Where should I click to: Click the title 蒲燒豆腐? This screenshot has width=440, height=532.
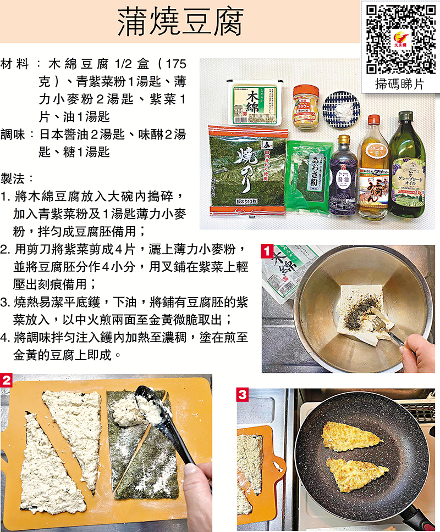click(180, 23)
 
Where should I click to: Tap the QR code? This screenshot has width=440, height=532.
click(401, 40)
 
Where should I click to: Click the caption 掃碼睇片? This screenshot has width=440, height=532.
click(399, 84)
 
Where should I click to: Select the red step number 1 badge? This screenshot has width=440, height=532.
click(267, 251)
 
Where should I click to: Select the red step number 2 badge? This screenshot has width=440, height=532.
click(6, 380)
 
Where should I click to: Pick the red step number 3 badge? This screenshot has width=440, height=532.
click(243, 395)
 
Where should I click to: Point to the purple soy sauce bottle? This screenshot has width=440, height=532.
click(343, 175)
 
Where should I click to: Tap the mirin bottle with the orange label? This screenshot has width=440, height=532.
click(373, 166)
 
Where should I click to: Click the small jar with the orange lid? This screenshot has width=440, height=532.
click(306, 107)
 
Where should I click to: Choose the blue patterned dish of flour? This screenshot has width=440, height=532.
click(341, 110)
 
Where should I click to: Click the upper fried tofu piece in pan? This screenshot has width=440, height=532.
click(351, 437)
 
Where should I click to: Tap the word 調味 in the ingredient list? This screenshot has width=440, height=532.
click(13, 135)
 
